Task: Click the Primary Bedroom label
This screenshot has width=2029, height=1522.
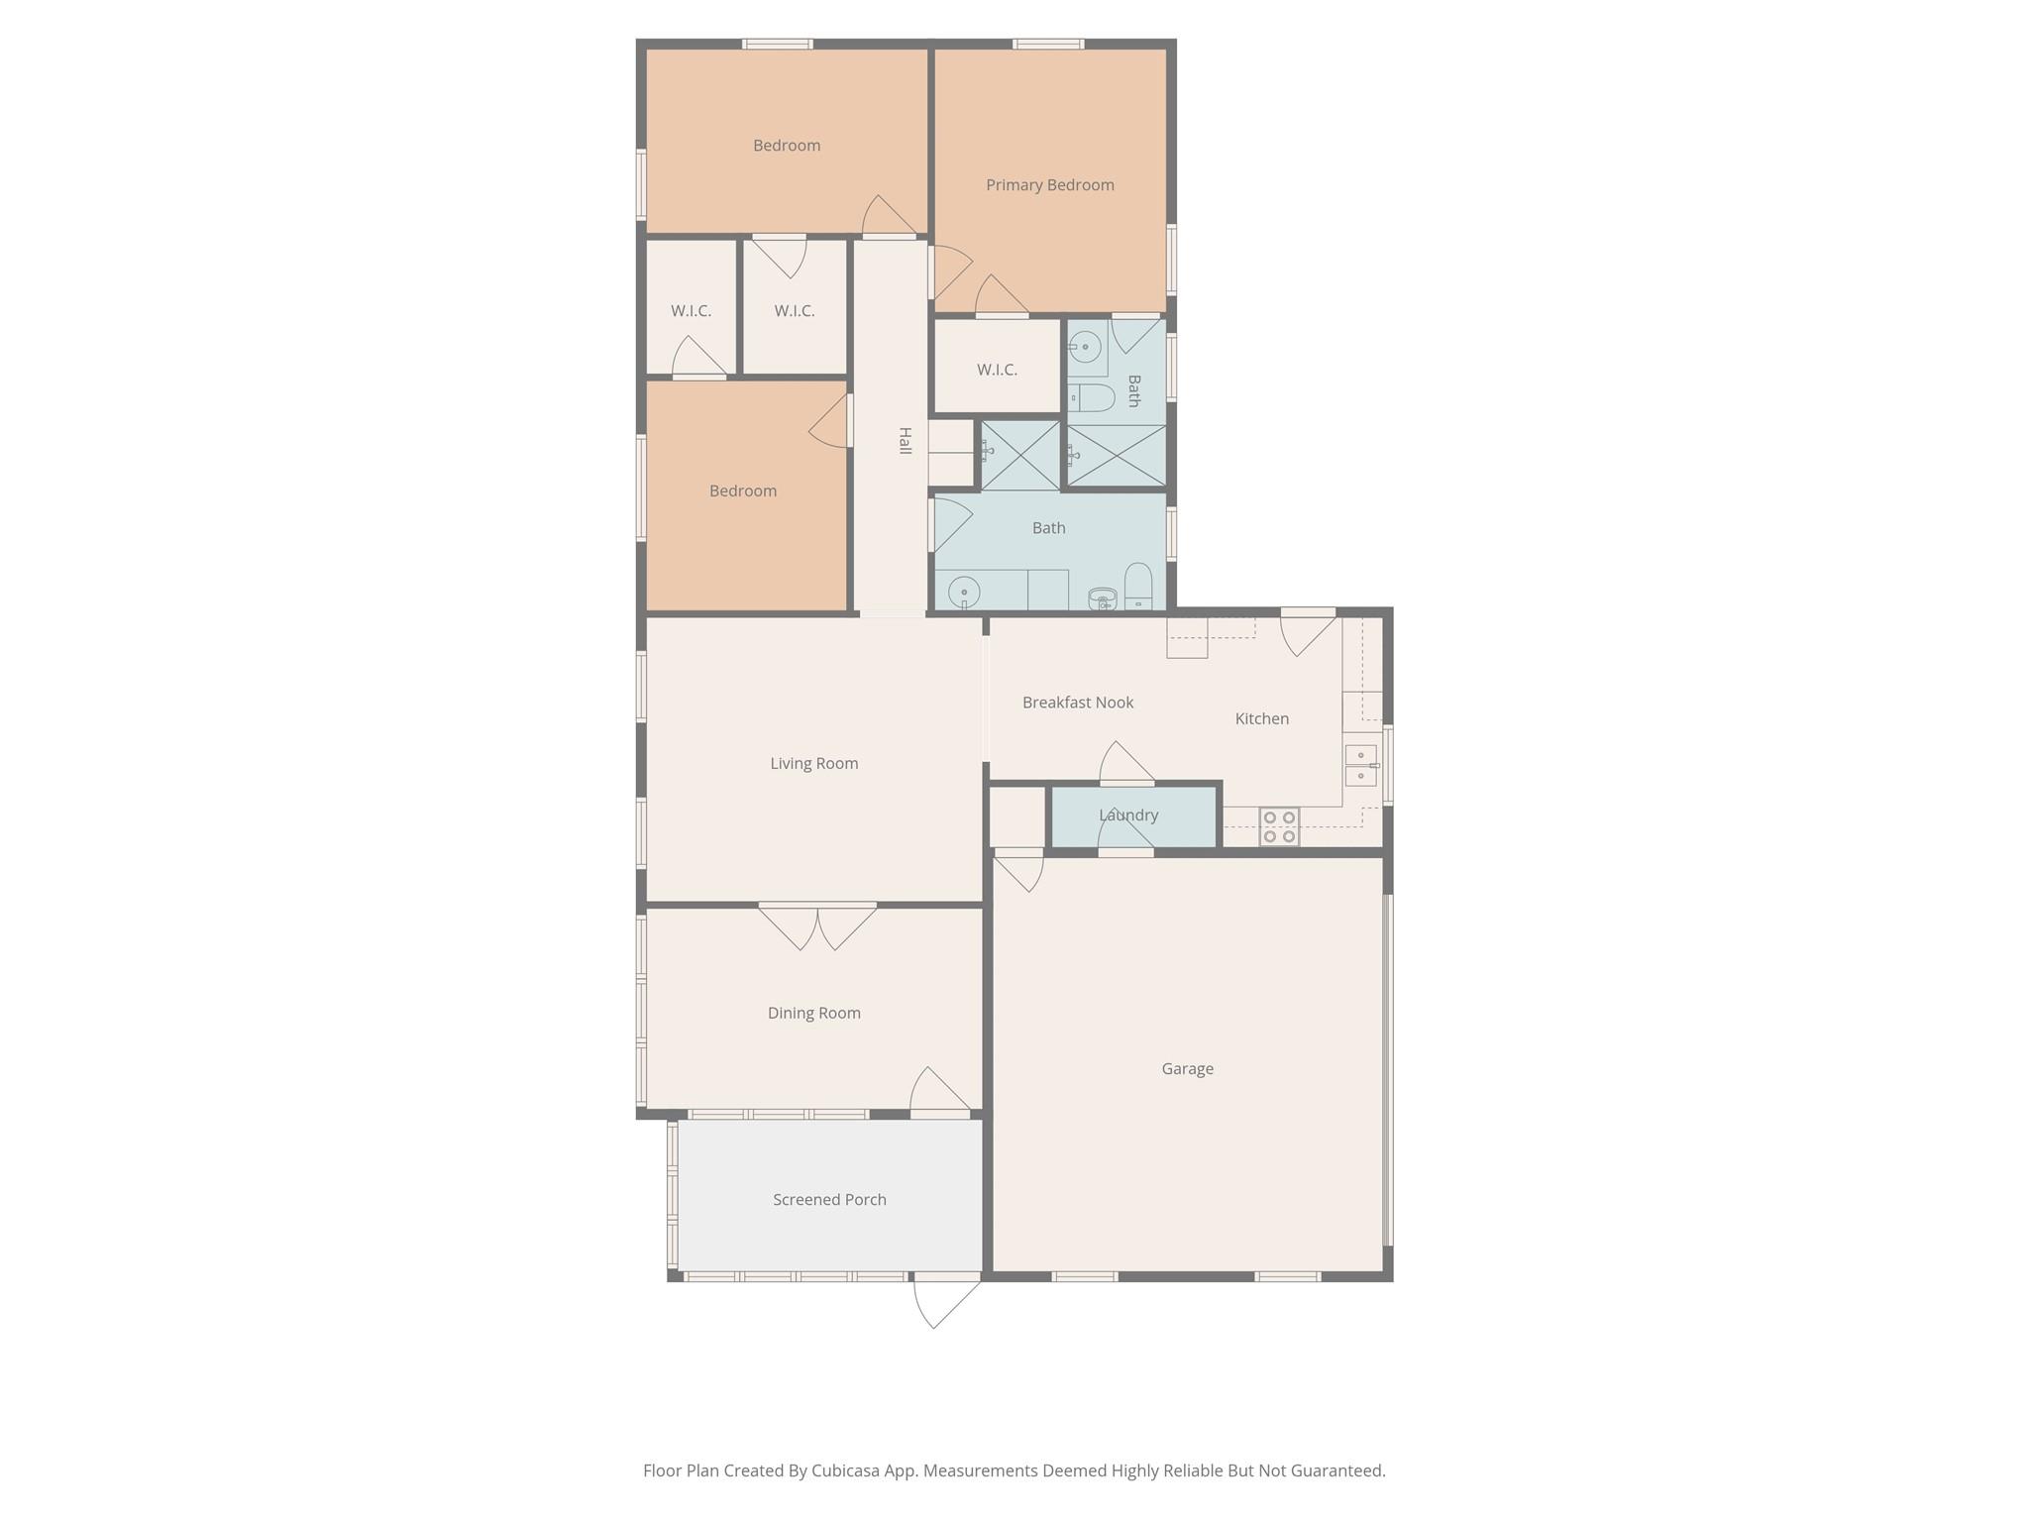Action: (x=1049, y=185)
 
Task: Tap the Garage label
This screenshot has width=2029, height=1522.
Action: (x=1187, y=1068)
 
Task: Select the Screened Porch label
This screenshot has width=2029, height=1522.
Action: (x=829, y=1199)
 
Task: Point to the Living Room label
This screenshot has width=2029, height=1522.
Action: (x=813, y=763)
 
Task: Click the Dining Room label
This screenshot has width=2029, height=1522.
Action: (x=813, y=1013)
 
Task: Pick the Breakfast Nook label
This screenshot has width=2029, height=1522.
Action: (x=1078, y=703)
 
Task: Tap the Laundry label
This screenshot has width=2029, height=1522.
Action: (x=1127, y=815)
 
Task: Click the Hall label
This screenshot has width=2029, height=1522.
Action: (x=905, y=441)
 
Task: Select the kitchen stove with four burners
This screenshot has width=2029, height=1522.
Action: (x=1279, y=827)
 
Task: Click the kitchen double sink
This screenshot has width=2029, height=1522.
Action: (x=1361, y=765)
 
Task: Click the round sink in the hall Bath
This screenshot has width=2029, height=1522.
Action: (x=964, y=593)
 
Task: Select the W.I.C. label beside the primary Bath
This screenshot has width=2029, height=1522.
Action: (x=997, y=370)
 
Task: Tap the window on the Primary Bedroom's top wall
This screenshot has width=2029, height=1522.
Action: (x=1048, y=44)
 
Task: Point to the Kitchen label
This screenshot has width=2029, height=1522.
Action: (x=1261, y=718)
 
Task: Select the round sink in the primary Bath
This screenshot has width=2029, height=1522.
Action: (x=1086, y=347)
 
